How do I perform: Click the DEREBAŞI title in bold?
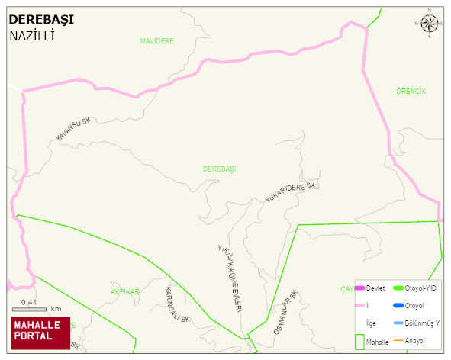(40, 21)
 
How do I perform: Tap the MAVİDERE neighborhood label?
(157, 40)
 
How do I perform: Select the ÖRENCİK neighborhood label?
(411, 92)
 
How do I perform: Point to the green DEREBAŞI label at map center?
(220, 168)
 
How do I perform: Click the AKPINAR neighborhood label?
(125, 292)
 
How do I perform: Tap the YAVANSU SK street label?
(73, 129)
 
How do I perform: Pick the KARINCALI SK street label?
(177, 304)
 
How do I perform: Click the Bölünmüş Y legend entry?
(417, 323)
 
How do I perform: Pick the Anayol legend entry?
(413, 339)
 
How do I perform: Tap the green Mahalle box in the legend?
(360, 342)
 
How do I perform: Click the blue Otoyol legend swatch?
(398, 306)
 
